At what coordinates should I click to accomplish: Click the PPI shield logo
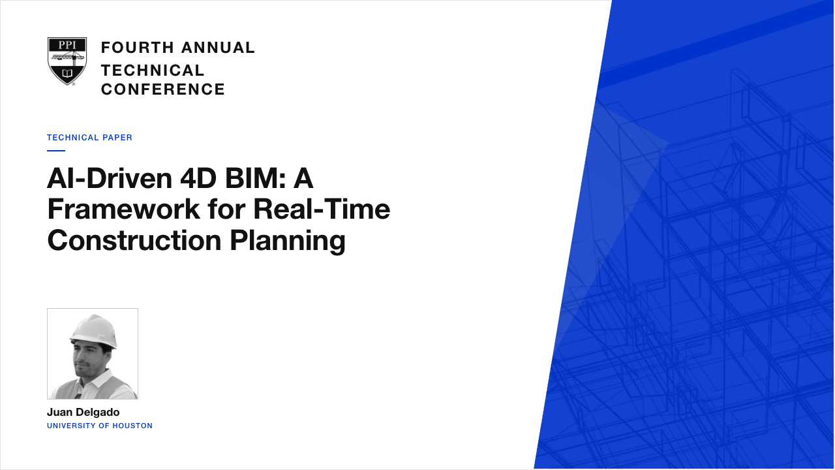[67, 61]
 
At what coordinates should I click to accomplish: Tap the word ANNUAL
[218, 48]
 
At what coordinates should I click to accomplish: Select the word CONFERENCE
[163, 89]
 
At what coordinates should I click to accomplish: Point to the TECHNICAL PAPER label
[89, 138]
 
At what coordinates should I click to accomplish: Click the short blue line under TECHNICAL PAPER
[56, 151]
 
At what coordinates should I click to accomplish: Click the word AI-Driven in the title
[110, 178]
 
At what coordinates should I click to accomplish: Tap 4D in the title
[198, 178]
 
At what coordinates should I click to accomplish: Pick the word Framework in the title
[123, 210]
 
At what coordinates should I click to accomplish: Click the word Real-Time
[322, 210]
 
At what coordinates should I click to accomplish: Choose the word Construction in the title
[134, 240]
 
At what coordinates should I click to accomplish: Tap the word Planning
[288, 241]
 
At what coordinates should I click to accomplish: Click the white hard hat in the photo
[94, 330]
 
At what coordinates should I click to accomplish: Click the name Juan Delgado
[83, 412]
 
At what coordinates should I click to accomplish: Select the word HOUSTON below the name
[132, 426]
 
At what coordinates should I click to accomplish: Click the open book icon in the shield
[67, 72]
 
